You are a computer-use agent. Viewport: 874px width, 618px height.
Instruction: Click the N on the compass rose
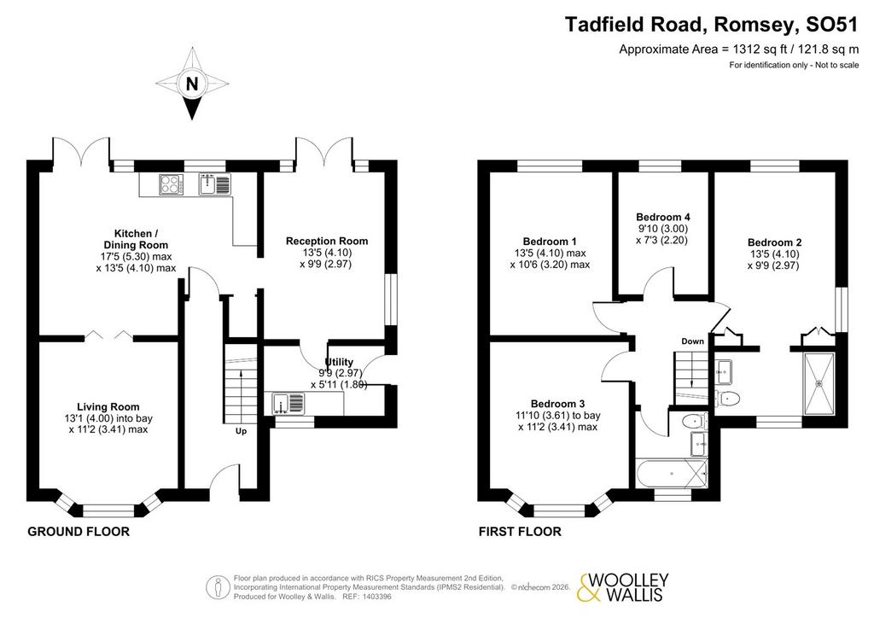[192, 85]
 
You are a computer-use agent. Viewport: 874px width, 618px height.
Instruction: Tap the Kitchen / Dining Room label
[136, 239]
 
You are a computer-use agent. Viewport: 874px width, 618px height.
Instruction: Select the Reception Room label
[327, 241]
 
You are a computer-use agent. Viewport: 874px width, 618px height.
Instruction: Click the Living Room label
[108, 407]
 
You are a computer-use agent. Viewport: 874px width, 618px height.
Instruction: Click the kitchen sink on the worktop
[214, 184]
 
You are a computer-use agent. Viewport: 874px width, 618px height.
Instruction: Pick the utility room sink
[288, 404]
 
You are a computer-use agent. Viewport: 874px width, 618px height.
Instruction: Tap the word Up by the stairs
[241, 431]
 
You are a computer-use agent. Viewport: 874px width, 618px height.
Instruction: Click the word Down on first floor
[692, 341]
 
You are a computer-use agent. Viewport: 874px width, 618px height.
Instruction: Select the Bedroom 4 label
[662, 217]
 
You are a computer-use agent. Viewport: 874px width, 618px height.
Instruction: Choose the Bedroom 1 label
[550, 242]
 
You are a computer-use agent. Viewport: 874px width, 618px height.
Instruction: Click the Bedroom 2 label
[774, 242]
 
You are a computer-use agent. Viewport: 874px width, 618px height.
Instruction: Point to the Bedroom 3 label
[557, 404]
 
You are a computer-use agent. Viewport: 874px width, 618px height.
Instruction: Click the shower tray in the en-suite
[819, 383]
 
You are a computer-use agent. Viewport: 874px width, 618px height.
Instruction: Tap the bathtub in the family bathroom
[672, 474]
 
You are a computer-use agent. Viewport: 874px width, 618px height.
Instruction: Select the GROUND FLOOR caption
[79, 532]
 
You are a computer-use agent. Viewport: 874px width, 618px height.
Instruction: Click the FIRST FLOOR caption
[520, 532]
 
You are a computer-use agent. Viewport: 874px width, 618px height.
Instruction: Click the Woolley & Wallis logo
[622, 587]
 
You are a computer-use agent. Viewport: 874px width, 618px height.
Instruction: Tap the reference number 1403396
[376, 597]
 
